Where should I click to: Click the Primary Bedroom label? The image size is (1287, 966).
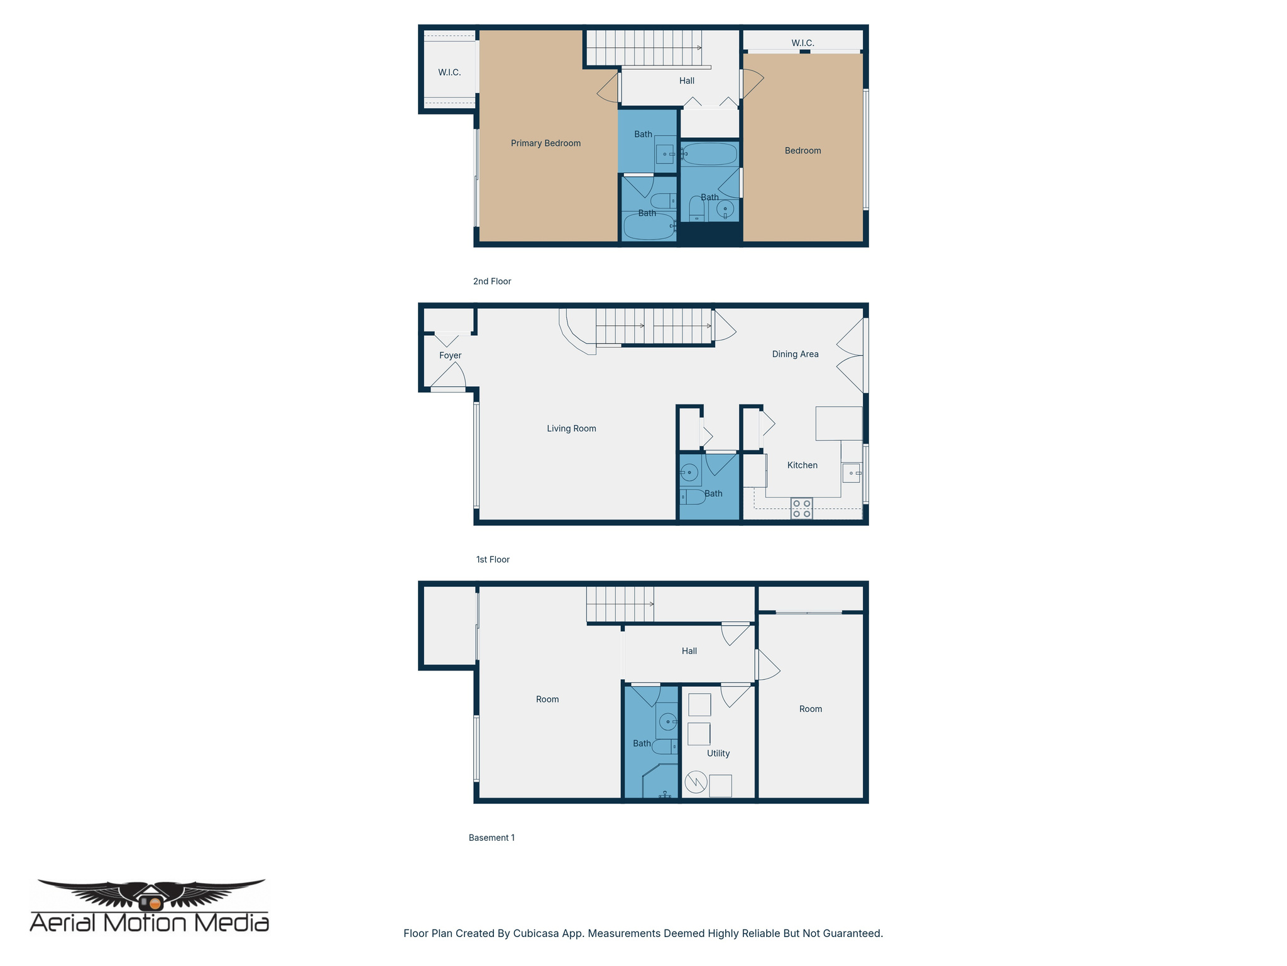545,143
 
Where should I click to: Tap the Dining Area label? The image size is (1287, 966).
795,354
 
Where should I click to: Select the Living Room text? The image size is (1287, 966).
571,428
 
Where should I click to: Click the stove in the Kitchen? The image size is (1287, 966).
801,508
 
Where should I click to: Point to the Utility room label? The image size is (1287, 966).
718,753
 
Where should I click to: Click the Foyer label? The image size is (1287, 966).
450,355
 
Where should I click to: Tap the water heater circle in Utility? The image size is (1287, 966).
696,782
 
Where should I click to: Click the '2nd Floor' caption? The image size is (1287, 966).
492,281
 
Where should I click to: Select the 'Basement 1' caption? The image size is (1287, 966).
491,838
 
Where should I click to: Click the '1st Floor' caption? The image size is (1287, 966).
493,560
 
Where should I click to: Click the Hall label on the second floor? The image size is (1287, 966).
686,80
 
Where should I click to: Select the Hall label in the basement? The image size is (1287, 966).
689,651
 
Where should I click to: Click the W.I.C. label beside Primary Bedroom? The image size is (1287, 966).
449,72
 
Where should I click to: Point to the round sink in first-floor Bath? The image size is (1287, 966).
689,472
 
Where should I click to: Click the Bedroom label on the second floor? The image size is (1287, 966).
802,150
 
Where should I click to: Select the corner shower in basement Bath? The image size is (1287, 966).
660,783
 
